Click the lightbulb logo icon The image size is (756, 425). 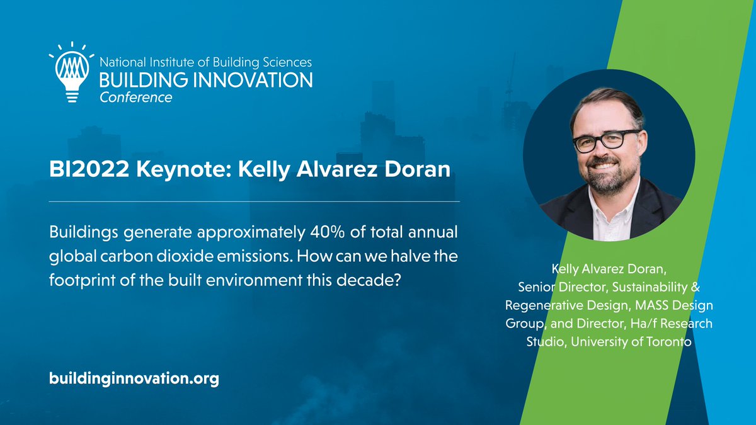[x=71, y=72]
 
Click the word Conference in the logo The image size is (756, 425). [x=135, y=98]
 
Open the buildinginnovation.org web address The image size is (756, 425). [x=134, y=379]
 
